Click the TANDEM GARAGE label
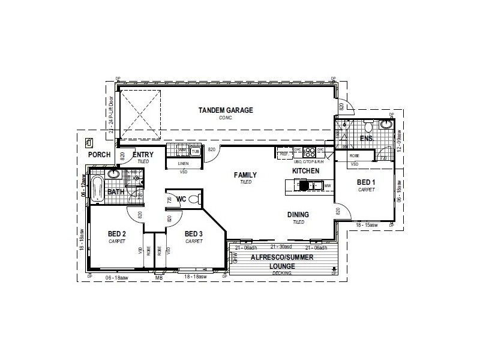tap(226, 110)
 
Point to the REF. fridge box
tap(283, 154)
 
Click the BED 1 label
tap(366, 182)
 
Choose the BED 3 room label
tap(193, 234)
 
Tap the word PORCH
tap(99, 155)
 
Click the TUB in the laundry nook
tap(195, 151)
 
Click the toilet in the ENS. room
tap(368, 127)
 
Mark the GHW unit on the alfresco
tap(235, 259)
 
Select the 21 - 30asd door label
tap(281, 247)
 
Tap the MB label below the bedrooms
tap(158, 278)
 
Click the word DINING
tap(298, 214)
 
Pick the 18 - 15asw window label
tap(366, 224)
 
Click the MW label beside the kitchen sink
tap(328, 185)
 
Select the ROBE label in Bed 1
tap(355, 156)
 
